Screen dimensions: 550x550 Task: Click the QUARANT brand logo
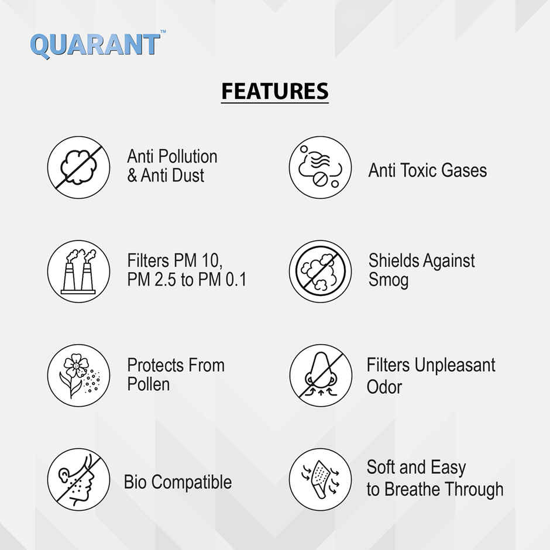(x=94, y=45)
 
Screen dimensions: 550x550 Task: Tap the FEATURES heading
(x=274, y=92)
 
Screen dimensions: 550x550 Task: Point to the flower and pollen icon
(x=78, y=375)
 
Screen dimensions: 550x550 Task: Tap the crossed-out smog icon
(x=320, y=271)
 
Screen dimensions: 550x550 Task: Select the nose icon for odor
(x=320, y=375)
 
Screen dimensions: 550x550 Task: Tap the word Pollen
(x=148, y=384)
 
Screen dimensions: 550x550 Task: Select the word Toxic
(x=427, y=171)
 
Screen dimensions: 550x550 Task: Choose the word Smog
(x=388, y=280)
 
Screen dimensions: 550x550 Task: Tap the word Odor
(x=384, y=387)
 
